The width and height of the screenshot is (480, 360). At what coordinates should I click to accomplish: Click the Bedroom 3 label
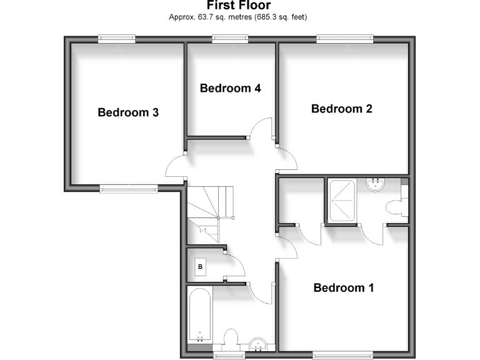(128, 113)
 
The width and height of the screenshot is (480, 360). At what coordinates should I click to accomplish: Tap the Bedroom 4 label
(230, 88)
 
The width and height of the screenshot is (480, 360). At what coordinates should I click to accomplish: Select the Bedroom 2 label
(342, 109)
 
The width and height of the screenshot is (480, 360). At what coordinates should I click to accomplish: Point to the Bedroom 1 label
(343, 288)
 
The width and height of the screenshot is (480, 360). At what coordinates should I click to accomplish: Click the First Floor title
(239, 6)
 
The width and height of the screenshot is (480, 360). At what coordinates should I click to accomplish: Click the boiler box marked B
(201, 267)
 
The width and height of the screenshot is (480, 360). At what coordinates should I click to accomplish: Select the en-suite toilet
(396, 206)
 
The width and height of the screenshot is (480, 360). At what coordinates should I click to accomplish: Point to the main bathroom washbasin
(258, 343)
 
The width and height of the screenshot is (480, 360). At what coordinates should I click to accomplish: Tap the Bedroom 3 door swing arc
(174, 167)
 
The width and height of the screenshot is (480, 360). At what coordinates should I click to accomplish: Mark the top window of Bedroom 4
(230, 39)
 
